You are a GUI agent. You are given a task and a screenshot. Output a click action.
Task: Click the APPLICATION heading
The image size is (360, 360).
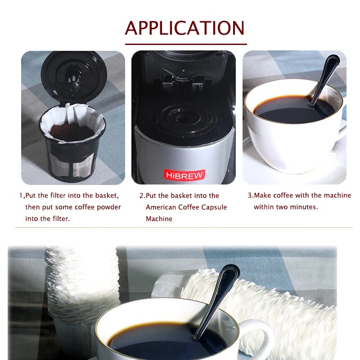pyautogui.click(x=184, y=28)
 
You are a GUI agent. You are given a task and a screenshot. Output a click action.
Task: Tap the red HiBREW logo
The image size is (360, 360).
pyautogui.click(x=184, y=175)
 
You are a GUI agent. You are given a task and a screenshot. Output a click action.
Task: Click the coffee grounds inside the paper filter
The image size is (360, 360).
pyautogui.click(x=72, y=132)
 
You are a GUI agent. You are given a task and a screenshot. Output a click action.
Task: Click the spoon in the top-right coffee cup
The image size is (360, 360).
pyautogui.click(x=324, y=81)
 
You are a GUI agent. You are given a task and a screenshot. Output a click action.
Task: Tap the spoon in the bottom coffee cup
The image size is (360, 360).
pyautogui.click(x=216, y=301)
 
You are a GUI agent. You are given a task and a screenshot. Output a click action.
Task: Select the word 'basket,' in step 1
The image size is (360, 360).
pyautogui.click(x=107, y=196)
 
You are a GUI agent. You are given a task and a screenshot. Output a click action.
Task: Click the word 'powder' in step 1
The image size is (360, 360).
pyautogui.click(x=108, y=207)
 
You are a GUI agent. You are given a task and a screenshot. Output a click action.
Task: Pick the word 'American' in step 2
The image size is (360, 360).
pyautogui.click(x=161, y=207)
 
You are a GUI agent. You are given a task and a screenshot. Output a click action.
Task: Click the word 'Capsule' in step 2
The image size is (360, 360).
pyautogui.click(x=214, y=207)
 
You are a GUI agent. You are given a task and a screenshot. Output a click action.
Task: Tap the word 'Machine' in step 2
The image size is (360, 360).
pyautogui.click(x=159, y=219)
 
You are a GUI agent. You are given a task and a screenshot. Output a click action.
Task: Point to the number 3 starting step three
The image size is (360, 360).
pyautogui.click(x=250, y=195)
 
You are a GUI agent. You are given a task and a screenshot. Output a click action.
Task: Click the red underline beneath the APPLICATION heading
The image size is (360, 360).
pyautogui.click(x=186, y=44)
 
